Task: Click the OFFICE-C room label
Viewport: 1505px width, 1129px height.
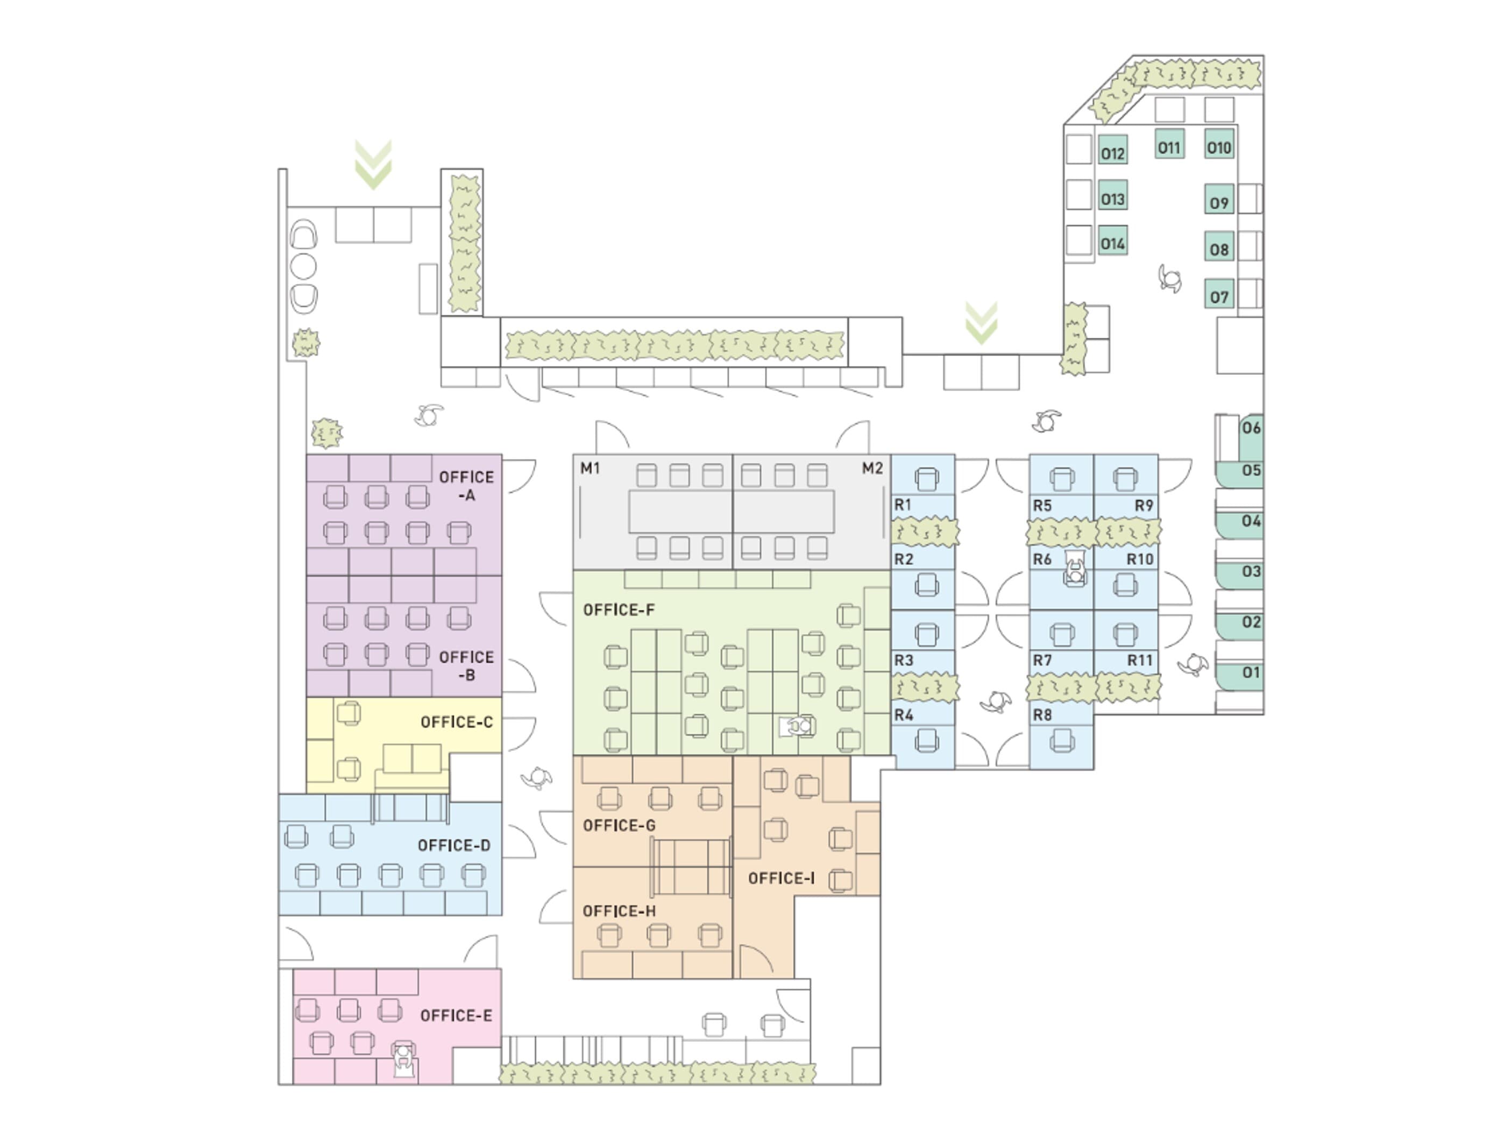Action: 457,722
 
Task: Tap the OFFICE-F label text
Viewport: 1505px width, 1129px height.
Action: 619,610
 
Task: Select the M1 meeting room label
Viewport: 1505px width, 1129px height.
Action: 590,468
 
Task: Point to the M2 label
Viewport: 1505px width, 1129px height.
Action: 872,468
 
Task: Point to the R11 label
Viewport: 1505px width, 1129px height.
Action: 1140,660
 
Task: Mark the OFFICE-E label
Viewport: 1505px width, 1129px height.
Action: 456,1016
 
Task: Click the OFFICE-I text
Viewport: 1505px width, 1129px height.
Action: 781,878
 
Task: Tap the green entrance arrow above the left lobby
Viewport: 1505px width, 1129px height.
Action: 373,165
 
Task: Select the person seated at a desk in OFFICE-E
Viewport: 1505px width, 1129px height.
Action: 403,1060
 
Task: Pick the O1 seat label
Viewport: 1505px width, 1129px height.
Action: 1251,672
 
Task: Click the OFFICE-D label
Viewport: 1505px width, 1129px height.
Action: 454,845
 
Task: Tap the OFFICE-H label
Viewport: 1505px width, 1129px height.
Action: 619,911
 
